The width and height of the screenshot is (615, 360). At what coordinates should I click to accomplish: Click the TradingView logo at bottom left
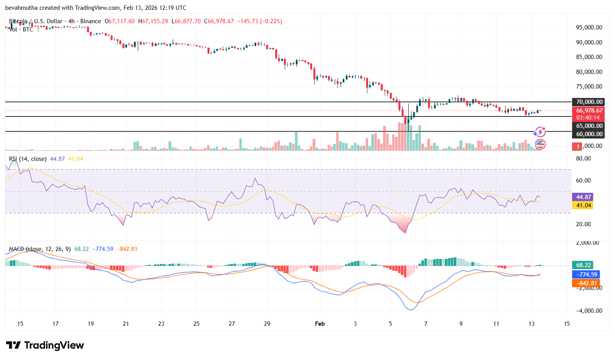pyautogui.click(x=45, y=345)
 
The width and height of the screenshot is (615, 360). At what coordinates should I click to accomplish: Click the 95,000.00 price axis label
pyautogui.click(x=589, y=28)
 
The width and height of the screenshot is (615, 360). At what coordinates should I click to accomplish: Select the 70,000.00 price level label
pyautogui.click(x=589, y=102)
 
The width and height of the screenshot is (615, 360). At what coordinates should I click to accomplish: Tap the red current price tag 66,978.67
pyautogui.click(x=589, y=111)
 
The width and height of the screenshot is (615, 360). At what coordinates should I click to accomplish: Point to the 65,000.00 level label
pyautogui.click(x=589, y=126)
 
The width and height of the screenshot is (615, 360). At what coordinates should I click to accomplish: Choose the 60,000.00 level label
pyautogui.click(x=589, y=134)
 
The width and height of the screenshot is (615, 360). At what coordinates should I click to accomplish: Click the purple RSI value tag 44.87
pyautogui.click(x=584, y=197)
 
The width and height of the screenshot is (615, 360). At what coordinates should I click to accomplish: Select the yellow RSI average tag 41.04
pyautogui.click(x=584, y=205)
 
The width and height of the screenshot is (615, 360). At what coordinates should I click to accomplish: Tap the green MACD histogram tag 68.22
pyautogui.click(x=584, y=265)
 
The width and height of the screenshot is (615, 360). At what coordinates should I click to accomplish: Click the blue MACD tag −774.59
pyautogui.click(x=586, y=275)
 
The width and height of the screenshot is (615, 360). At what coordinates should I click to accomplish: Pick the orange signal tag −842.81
pyautogui.click(x=586, y=283)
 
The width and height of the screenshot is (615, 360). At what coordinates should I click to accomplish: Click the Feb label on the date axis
pyautogui.click(x=320, y=324)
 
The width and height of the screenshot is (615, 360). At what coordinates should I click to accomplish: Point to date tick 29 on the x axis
pyautogui.click(x=267, y=324)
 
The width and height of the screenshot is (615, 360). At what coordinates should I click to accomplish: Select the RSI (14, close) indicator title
pyautogui.click(x=28, y=159)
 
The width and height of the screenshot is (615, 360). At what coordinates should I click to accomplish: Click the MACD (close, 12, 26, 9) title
pyautogui.click(x=40, y=249)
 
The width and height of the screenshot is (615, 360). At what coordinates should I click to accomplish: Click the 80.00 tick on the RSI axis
pyautogui.click(x=583, y=159)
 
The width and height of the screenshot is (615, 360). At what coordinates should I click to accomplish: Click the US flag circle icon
pyautogui.click(x=540, y=144)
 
